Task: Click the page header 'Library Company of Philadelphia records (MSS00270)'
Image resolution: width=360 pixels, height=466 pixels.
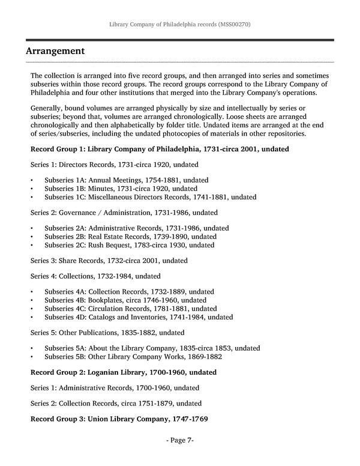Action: (180, 26)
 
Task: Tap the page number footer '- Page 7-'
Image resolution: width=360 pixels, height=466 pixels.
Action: (179, 440)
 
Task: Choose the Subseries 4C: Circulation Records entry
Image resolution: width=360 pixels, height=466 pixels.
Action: (129, 308)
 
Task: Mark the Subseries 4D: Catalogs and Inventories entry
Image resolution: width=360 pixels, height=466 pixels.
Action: (139, 316)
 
